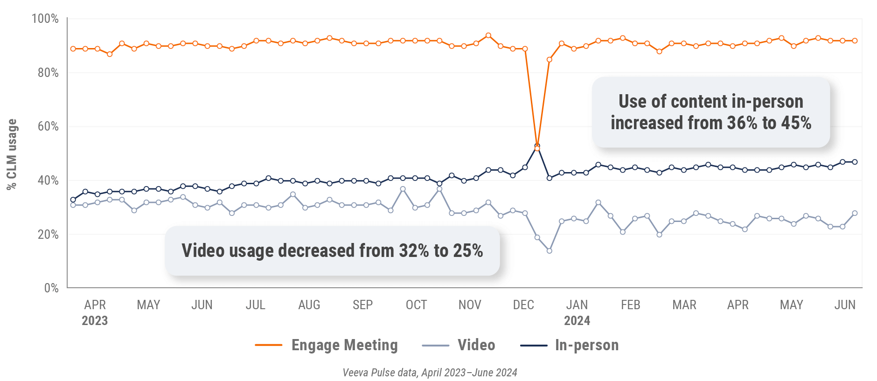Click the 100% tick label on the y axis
tap(45, 19)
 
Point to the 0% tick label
tap(51, 288)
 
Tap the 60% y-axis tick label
tap(48, 126)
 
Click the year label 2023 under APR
tap(95, 321)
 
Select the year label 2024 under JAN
tap(577, 321)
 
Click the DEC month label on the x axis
tap(523, 305)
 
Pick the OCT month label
tap(416, 305)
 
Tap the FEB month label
tap(631, 305)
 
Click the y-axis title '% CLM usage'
tap(12, 154)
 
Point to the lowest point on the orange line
tap(537, 148)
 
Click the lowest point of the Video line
tap(550, 251)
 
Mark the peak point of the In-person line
tap(537, 145)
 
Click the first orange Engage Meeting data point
tap(73, 49)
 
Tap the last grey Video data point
tap(855, 213)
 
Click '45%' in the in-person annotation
tap(796, 123)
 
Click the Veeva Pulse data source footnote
tap(430, 373)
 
